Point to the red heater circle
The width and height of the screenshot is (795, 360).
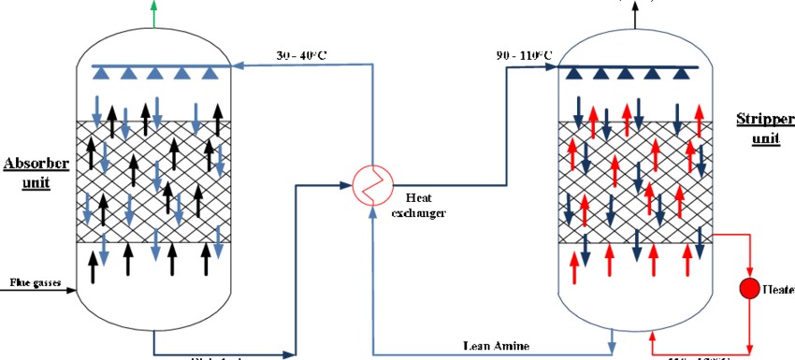click(748, 287)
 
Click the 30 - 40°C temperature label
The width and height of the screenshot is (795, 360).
click(300, 53)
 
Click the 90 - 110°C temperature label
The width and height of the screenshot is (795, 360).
click(525, 54)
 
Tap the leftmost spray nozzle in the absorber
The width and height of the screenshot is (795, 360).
click(102, 72)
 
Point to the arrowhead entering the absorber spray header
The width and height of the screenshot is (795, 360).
click(237, 66)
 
